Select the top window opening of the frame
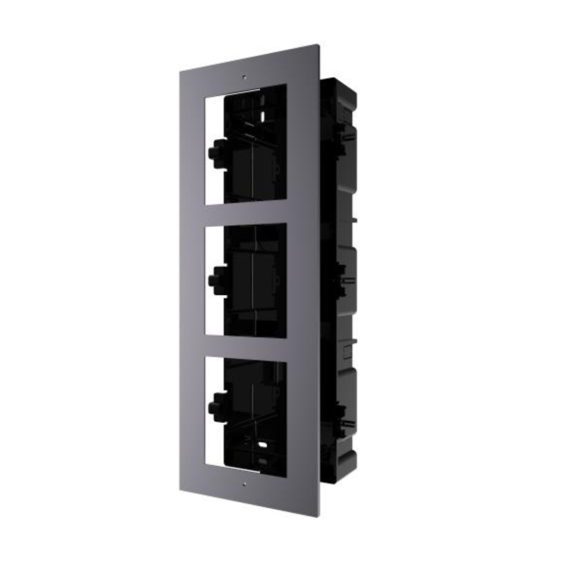point(246,144)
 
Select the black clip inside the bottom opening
point(214,405)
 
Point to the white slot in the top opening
point(261,113)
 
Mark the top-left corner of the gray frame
point(181,68)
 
